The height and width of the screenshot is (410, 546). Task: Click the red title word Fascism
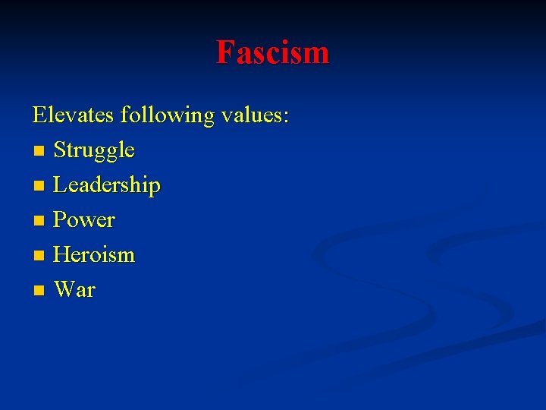pyautogui.click(x=272, y=52)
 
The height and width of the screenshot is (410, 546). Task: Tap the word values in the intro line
pyautogui.click(x=251, y=115)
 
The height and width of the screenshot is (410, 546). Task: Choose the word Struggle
pyautogui.click(x=94, y=150)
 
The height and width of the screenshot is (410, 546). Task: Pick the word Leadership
pyautogui.click(x=107, y=185)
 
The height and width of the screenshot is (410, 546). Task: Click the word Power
pyautogui.click(x=84, y=220)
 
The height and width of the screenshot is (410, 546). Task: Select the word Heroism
pyautogui.click(x=94, y=255)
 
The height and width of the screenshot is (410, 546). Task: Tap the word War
pyautogui.click(x=75, y=290)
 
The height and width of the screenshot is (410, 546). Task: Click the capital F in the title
pyautogui.click(x=224, y=52)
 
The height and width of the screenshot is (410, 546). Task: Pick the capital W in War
pyautogui.click(x=64, y=290)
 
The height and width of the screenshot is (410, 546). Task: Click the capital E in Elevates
pyautogui.click(x=39, y=115)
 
